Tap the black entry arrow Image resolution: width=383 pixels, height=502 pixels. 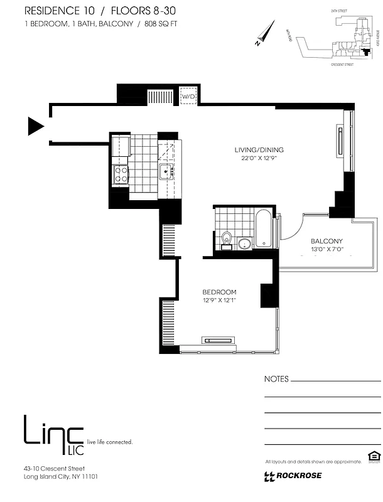35,127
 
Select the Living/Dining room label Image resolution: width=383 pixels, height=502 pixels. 259,150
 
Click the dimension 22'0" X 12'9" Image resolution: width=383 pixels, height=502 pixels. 259,159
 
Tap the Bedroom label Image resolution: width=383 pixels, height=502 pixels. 219,292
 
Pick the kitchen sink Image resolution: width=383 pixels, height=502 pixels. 166,171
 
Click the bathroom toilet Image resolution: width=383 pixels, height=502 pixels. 227,239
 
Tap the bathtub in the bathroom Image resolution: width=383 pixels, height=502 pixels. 263,228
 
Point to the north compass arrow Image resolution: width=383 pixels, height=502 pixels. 267,32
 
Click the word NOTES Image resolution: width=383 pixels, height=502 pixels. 276,379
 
